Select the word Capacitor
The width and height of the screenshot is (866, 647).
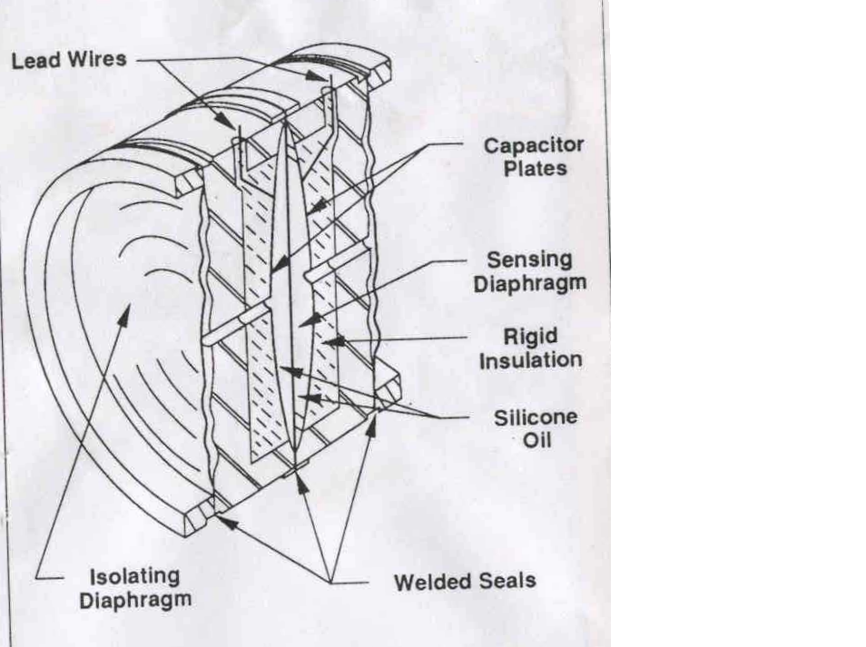click(533, 145)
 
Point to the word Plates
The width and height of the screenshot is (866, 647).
click(536, 169)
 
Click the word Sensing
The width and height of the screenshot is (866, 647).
click(529, 260)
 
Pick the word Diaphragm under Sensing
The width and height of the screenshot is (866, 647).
click(529, 283)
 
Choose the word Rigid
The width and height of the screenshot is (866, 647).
click(530, 337)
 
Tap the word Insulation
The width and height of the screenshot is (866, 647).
click(530, 360)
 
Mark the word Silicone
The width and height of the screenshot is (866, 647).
click(536, 418)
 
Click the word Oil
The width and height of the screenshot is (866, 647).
click(537, 443)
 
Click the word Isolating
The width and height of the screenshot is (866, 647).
click(134, 576)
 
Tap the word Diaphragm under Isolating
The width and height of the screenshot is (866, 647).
click(134, 600)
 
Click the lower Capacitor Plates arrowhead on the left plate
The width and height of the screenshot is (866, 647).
click(273, 270)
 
